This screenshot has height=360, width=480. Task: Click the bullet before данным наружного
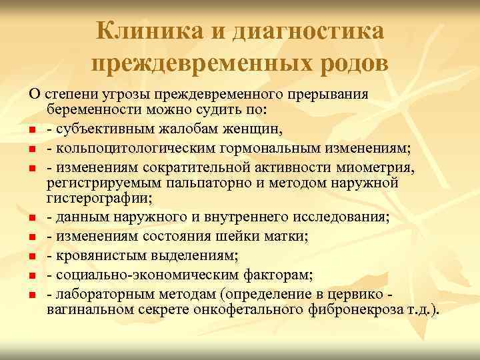coord(32,217)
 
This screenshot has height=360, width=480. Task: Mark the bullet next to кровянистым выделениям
coord(32,256)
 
